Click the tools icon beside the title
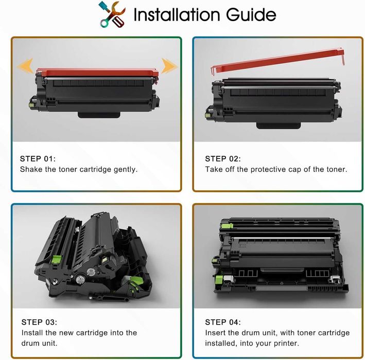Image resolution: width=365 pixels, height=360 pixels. [112, 14]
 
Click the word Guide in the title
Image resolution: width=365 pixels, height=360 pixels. [251, 14]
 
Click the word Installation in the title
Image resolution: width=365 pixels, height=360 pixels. [177, 14]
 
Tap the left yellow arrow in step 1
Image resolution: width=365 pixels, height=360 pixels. [25, 66]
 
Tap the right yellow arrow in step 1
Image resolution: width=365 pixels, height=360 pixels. [169, 66]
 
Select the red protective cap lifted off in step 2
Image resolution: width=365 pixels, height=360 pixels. [277, 61]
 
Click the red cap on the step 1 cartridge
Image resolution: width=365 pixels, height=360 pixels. [97, 73]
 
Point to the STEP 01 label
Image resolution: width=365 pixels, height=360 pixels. [38, 159]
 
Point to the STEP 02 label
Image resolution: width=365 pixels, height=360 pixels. [223, 159]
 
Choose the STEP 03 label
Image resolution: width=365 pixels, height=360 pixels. [39, 322]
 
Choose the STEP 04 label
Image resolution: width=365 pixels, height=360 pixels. [223, 322]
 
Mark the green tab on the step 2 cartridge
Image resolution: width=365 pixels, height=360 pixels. [207, 115]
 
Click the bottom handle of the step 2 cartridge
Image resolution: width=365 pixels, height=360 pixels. [278, 125]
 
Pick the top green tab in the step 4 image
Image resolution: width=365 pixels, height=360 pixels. [227, 226]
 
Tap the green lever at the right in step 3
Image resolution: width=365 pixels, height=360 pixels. [136, 281]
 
